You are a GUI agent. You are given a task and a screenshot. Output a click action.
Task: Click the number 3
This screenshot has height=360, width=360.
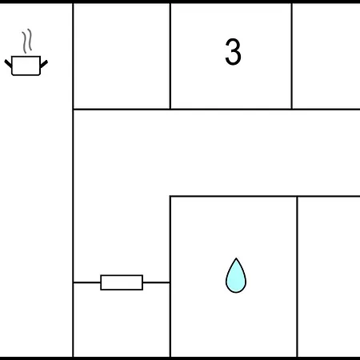233,51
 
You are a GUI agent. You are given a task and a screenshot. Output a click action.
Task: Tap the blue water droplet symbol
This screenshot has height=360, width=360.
236,275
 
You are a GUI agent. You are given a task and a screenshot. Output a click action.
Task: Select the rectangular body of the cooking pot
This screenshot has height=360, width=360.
26,66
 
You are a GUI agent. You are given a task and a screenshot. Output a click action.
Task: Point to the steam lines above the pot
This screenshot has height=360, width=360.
27,41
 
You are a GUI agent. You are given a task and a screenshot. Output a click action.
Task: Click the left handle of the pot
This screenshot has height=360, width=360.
8,63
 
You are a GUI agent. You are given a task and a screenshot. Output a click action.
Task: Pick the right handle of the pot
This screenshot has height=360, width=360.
44,64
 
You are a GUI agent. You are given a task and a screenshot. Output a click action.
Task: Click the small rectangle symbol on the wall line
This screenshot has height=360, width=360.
122,282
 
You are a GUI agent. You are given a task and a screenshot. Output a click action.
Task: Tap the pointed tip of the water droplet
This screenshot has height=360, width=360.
236,258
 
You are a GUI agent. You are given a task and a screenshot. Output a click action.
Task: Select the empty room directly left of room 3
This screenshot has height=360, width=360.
122,56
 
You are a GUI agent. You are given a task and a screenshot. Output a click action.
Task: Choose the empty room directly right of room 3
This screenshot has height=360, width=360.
326,56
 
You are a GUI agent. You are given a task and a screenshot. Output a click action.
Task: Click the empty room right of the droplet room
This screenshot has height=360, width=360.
329,277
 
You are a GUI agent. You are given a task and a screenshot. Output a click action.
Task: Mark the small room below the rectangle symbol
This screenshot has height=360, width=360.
122,320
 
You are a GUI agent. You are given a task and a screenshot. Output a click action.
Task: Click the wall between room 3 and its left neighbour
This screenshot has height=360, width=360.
170,56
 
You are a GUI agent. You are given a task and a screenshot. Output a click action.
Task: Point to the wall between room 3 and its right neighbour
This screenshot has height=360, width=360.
292,56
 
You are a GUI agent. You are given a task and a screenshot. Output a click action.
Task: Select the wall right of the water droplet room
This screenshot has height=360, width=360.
298,277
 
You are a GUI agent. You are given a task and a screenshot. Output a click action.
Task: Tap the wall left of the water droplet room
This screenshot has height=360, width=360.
170,277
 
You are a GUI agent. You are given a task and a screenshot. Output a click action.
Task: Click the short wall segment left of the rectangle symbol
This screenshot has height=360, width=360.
87,282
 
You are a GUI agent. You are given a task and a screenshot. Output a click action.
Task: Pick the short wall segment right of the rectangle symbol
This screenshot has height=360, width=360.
156,282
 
